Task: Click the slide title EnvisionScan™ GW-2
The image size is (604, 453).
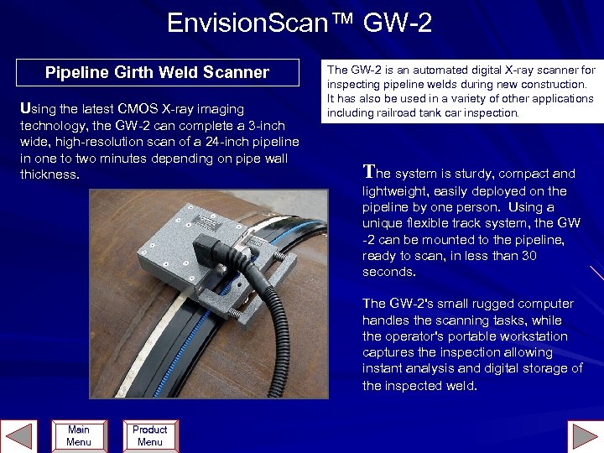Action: (x=299, y=23)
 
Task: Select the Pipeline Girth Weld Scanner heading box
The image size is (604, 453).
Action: (x=157, y=73)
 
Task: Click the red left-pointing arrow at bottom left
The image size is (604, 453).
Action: (x=20, y=437)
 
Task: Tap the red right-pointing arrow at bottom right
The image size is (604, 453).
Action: (x=584, y=437)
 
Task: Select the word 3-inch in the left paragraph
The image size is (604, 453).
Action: (x=271, y=125)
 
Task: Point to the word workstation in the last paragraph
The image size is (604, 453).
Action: (x=531, y=336)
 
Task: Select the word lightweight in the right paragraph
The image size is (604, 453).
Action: (x=393, y=191)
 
